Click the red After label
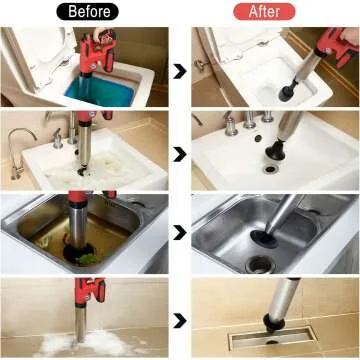click(265, 11)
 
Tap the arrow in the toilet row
click(178, 70)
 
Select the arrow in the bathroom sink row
click(178, 155)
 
